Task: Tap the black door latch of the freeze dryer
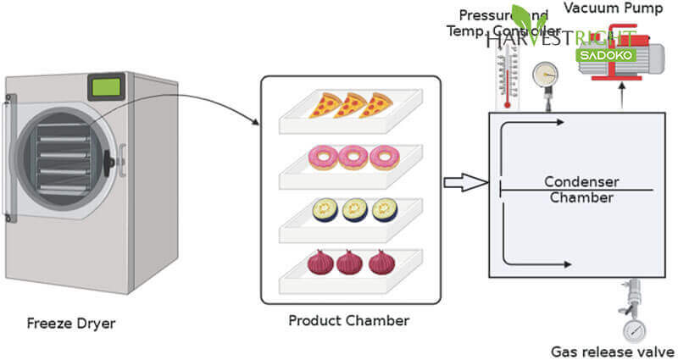(108, 158)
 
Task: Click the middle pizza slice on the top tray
(349, 105)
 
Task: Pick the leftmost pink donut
(324, 158)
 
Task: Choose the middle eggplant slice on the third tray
(354, 208)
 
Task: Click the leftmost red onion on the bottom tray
(320, 263)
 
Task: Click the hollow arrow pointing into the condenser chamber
(466, 182)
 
